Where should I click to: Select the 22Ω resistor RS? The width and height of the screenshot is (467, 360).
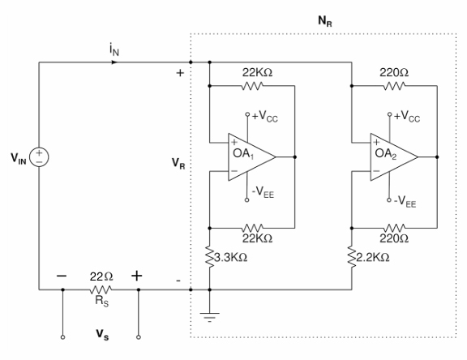(x=101, y=289)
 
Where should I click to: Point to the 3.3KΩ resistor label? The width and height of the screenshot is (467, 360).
(x=231, y=258)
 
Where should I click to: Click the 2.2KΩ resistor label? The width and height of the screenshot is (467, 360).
(x=373, y=258)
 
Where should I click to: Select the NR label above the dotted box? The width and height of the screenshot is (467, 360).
(x=325, y=21)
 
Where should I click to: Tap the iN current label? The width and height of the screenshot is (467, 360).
(x=114, y=49)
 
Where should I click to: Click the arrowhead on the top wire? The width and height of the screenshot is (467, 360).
(x=114, y=62)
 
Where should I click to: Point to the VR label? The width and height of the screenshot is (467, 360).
(x=178, y=164)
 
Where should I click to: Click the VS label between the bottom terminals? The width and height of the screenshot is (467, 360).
(x=102, y=335)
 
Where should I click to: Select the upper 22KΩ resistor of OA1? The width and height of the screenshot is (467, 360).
(x=252, y=86)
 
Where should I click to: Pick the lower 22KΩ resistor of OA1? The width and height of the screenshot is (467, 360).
(x=252, y=228)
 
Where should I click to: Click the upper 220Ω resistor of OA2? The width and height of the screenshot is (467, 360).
(x=394, y=86)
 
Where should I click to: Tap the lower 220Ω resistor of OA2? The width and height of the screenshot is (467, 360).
(x=394, y=228)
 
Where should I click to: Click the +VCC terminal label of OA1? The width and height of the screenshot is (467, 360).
(x=265, y=116)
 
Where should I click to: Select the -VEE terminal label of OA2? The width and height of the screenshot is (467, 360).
(x=405, y=201)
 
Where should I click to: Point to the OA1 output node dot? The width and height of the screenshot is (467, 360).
(x=295, y=157)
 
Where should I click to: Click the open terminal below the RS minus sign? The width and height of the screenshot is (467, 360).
(x=62, y=337)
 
